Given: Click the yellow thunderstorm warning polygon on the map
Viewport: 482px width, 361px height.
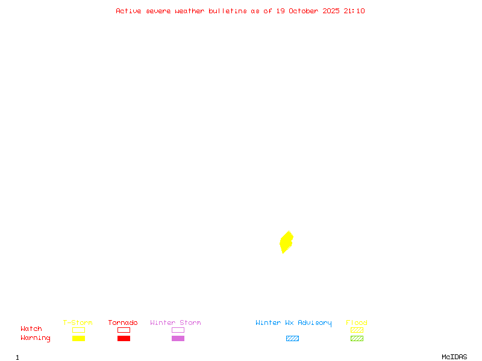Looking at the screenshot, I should pyautogui.click(x=286, y=242).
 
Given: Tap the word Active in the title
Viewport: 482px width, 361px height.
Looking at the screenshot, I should pyautogui.click(x=128, y=11).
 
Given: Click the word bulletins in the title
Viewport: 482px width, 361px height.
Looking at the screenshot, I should pyautogui.click(x=228, y=11).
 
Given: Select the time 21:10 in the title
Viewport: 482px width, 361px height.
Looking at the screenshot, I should pyautogui.click(x=354, y=11).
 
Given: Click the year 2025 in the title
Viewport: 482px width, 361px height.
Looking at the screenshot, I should pyautogui.click(x=331, y=11).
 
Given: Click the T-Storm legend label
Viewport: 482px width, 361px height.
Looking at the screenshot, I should pyautogui.click(x=78, y=323).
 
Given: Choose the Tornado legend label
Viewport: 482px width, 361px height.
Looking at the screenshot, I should pyautogui.click(x=123, y=323).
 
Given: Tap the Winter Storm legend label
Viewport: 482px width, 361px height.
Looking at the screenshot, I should pyautogui.click(x=175, y=323).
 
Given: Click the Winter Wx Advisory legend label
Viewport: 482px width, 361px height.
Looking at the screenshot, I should pyautogui.click(x=293, y=323).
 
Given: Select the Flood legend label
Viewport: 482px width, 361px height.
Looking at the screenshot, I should pyautogui.click(x=357, y=323).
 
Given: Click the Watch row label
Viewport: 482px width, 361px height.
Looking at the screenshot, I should pyautogui.click(x=31, y=329).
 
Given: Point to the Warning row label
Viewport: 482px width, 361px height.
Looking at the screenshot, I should pyautogui.click(x=36, y=338).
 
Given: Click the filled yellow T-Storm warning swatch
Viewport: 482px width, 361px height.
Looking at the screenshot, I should pyautogui.click(x=78, y=339).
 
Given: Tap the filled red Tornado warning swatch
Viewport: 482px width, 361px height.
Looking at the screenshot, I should pyautogui.click(x=124, y=339).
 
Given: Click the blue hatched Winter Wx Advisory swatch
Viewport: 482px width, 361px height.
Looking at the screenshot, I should pyautogui.click(x=292, y=339).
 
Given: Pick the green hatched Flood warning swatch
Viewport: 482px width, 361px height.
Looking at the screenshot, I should pyautogui.click(x=357, y=339).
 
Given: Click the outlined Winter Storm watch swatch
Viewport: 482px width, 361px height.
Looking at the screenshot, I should pyautogui.click(x=178, y=330).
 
